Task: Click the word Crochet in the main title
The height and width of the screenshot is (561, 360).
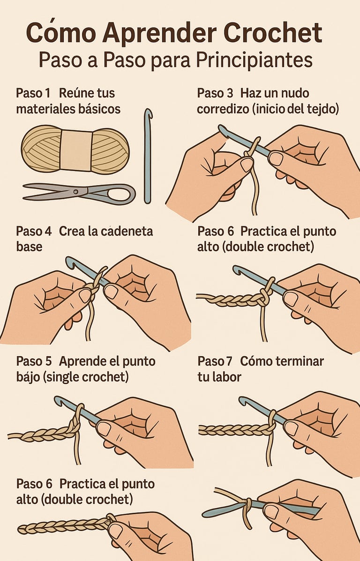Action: (273, 33)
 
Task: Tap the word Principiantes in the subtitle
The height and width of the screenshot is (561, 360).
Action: (254, 61)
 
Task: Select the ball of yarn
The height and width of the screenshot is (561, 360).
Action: (75, 150)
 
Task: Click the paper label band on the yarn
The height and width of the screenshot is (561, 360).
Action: (76, 150)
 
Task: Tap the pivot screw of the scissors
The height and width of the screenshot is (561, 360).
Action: (76, 191)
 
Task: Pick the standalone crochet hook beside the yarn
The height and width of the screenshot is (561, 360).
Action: (148, 156)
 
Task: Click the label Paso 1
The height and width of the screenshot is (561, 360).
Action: (33, 93)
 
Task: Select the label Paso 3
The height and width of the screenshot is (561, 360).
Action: (215, 93)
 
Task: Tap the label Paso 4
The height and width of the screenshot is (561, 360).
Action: (34, 232)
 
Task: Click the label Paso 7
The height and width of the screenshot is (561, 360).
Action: (215, 361)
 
